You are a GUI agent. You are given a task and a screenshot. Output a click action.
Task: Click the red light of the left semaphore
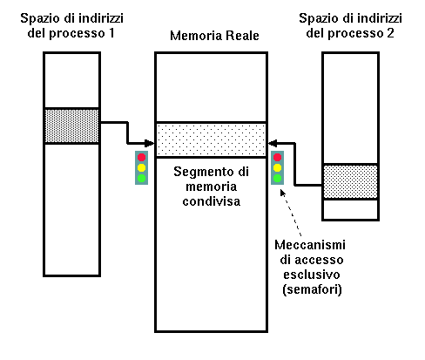(x=141, y=158)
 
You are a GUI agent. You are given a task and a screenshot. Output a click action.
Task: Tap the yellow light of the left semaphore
(x=141, y=167)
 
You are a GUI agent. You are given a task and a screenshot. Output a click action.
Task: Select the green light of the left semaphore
(x=141, y=178)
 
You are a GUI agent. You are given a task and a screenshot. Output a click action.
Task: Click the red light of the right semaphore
(x=277, y=158)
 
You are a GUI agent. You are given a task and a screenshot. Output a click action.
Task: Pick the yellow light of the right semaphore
(x=277, y=167)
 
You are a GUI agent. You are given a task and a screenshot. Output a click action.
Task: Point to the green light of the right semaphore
(x=277, y=178)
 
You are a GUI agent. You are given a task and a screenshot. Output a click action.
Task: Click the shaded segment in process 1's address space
(x=71, y=126)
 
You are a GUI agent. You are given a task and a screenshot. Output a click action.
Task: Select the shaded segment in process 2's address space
(x=350, y=181)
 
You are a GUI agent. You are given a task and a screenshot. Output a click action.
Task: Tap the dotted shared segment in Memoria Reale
(x=211, y=139)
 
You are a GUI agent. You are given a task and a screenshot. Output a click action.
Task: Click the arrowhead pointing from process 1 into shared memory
(x=149, y=143)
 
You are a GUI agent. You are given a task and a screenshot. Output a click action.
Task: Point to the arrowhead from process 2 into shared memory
(x=273, y=143)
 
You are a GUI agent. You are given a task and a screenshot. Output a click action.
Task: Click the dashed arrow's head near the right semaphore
(x=283, y=193)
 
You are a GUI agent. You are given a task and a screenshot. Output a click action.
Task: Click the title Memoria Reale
(x=214, y=36)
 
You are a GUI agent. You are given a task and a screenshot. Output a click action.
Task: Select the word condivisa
(x=212, y=201)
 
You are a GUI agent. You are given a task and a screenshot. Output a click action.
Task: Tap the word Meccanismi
(x=310, y=245)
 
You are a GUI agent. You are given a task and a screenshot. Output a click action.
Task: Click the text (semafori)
(x=312, y=289)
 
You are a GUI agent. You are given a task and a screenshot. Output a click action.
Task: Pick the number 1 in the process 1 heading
(x=111, y=33)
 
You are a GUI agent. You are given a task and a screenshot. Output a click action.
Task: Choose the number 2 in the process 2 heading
(x=390, y=33)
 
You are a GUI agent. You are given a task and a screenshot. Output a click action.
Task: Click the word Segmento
(x=206, y=172)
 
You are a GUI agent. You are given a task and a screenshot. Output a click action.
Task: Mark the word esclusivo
(x=312, y=275)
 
